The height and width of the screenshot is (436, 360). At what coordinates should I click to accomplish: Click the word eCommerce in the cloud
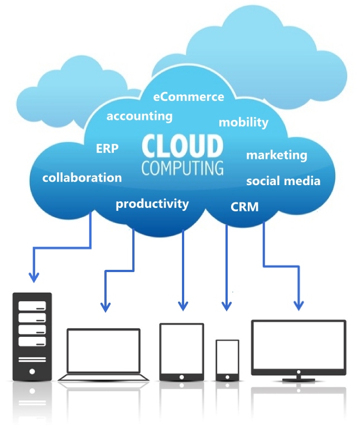pyautogui.click(x=189, y=97)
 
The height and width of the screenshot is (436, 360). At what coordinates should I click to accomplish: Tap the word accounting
pyautogui.click(x=140, y=116)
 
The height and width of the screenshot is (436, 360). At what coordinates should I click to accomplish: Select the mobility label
pyautogui.click(x=243, y=122)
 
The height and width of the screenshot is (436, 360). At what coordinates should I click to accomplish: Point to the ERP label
pyautogui.click(x=107, y=148)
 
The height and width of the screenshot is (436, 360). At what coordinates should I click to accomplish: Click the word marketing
pyautogui.click(x=277, y=155)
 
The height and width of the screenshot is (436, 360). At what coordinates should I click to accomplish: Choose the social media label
pyautogui.click(x=284, y=181)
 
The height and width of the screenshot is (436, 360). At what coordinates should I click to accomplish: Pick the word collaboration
pyautogui.click(x=82, y=178)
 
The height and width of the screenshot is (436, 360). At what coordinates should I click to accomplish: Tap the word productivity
pyautogui.click(x=152, y=204)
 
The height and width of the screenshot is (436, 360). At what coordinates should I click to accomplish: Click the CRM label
pyautogui.click(x=244, y=207)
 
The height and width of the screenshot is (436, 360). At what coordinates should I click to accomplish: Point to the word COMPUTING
pyautogui.click(x=183, y=168)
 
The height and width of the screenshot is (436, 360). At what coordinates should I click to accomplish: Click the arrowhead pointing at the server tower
pyautogui.click(x=34, y=278)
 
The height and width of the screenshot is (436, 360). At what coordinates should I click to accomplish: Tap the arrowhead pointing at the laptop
pyautogui.click(x=105, y=307)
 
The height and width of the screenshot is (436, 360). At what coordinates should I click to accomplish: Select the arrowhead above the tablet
pyautogui.click(x=183, y=306)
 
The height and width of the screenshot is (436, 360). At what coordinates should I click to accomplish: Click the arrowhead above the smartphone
pyautogui.click(x=227, y=306)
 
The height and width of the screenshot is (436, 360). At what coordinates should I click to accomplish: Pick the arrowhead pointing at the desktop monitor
pyautogui.click(x=299, y=306)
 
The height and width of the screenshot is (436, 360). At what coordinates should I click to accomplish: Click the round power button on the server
pyautogui.click(x=32, y=371)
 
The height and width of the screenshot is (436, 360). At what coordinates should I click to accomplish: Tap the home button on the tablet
pyautogui.click(x=181, y=377)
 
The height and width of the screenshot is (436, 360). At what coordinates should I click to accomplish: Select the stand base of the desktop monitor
pyautogui.click(x=299, y=380)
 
